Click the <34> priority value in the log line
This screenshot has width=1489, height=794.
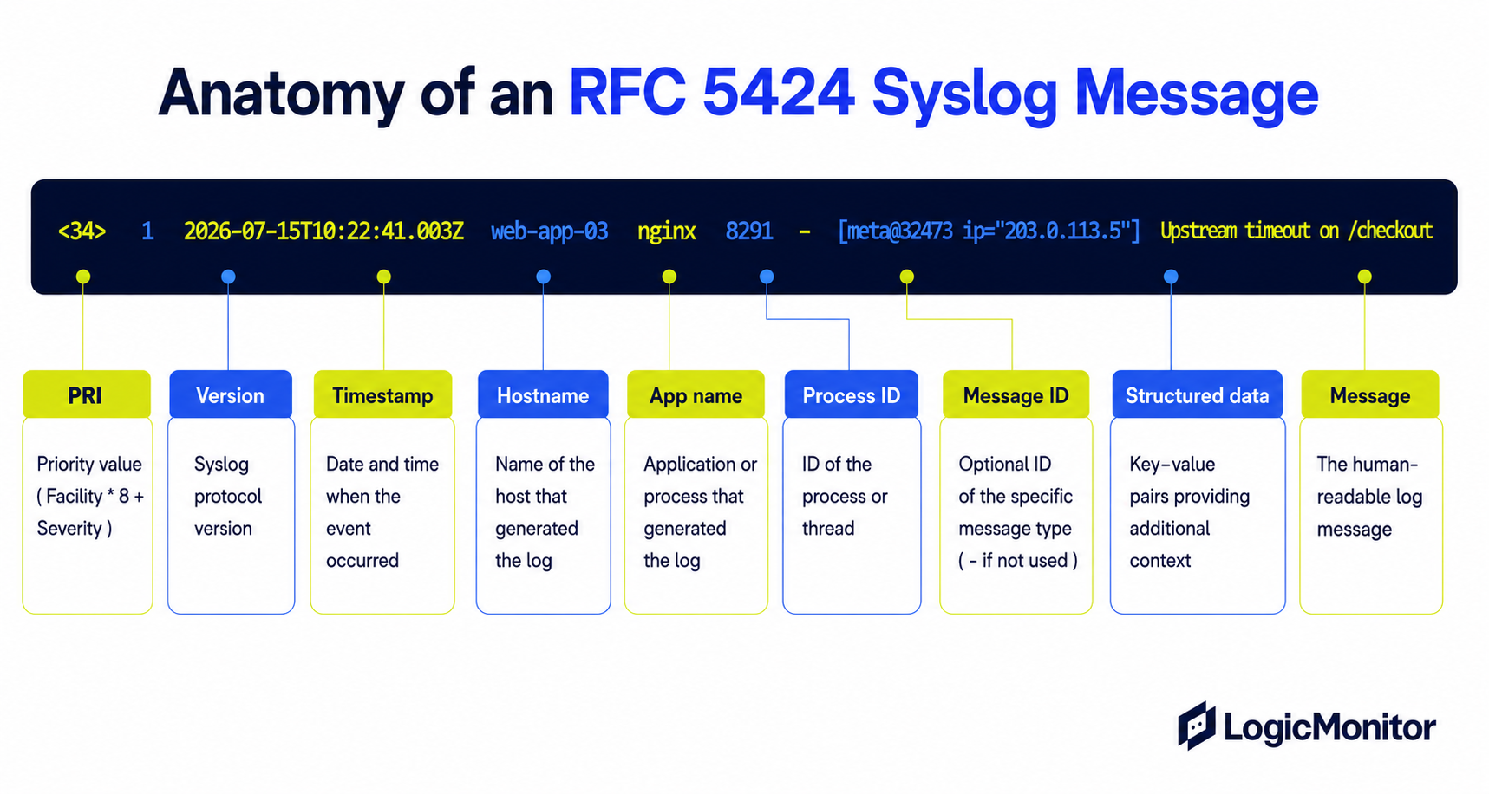tap(82, 231)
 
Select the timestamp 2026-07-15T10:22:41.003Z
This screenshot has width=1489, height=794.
tap(323, 231)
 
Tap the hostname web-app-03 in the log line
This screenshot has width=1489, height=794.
tap(549, 231)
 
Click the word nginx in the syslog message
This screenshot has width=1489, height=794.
tap(666, 231)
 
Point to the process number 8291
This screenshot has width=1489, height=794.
tap(749, 231)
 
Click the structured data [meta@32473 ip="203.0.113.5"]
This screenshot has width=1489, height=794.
tap(989, 231)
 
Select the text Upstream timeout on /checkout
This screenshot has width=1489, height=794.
tap(1296, 231)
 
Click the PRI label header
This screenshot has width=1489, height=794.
tap(87, 395)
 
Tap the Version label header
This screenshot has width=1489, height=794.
tap(231, 395)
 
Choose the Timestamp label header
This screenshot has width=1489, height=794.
tap(382, 395)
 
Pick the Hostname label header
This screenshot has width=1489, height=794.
tap(543, 395)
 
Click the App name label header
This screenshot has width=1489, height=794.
tap(696, 395)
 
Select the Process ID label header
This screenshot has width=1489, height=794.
tap(852, 395)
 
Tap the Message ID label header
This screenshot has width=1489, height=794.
tap(1016, 395)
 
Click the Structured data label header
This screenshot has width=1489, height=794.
tap(1198, 395)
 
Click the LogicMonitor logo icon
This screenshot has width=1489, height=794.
tap(1196, 726)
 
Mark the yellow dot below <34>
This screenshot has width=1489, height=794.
tap(83, 277)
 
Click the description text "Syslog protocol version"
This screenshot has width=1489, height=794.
tap(227, 496)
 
